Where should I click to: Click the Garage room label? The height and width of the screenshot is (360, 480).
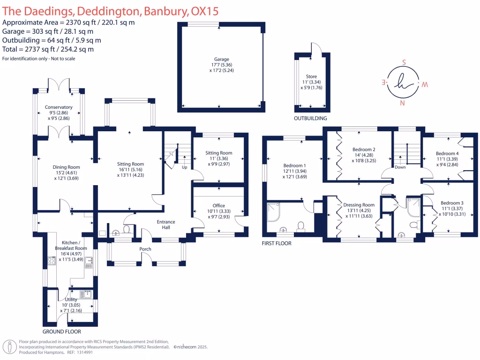pyautogui.click(x=222, y=59)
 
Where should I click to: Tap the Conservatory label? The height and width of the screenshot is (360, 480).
pyautogui.click(x=59, y=107)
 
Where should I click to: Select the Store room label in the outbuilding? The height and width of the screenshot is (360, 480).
pyautogui.click(x=311, y=76)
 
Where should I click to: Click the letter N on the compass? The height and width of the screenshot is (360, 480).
pyautogui.click(x=403, y=103)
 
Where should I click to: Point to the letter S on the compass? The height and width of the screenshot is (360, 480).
pyautogui.click(x=404, y=62)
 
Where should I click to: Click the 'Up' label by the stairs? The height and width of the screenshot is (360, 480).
pyautogui.click(x=185, y=167)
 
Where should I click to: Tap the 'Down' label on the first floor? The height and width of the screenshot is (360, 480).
pyautogui.click(x=400, y=167)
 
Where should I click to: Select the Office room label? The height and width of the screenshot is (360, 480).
pyautogui.click(x=219, y=206)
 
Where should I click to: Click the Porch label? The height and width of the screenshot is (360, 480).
pyautogui.click(x=145, y=249)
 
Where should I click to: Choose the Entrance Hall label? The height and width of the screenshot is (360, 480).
pyautogui.click(x=166, y=225)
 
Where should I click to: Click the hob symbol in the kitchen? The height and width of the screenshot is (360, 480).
pyautogui.click(x=52, y=261)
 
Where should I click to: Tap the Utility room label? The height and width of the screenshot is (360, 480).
pyautogui.click(x=71, y=300)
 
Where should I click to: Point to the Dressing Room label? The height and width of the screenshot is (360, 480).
pyautogui.click(x=359, y=205)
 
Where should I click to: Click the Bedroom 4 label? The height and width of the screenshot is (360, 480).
pyautogui.click(x=447, y=153)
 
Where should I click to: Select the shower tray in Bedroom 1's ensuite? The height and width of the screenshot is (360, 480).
pyautogui.click(x=273, y=212)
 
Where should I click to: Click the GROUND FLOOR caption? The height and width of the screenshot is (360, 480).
pyautogui.click(x=62, y=331)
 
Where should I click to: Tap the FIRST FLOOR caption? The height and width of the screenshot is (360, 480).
pyautogui.click(x=277, y=243)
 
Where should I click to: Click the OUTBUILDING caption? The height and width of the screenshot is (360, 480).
pyautogui.click(x=310, y=119)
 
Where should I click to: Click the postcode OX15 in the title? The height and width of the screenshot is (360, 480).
pyautogui.click(x=205, y=11)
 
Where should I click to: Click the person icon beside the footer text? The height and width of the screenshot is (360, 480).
pyautogui.click(x=10, y=347)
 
